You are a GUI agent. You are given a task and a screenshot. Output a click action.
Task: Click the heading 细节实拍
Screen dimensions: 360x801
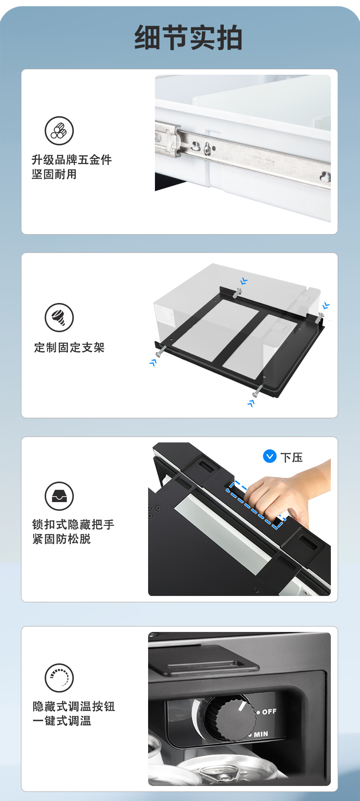[188, 37]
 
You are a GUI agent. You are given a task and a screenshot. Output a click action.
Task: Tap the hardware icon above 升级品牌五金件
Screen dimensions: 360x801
[59, 131]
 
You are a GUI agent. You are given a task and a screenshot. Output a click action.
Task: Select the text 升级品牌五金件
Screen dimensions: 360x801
[72, 160]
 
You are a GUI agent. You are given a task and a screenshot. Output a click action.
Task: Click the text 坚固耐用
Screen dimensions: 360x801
[54, 175]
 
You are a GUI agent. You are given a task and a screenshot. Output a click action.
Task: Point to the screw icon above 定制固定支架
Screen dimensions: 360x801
[59, 318]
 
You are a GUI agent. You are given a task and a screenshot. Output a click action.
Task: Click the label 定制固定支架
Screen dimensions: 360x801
[69, 348]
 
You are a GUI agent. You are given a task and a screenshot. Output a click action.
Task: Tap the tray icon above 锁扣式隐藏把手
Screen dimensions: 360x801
[59, 496]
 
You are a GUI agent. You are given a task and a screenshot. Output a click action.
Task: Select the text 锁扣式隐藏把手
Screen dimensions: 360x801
[73, 524]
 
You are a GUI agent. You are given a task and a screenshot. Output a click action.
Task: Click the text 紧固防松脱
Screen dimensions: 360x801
[62, 539]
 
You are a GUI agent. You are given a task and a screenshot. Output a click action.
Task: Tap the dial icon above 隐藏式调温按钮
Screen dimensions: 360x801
[59, 678]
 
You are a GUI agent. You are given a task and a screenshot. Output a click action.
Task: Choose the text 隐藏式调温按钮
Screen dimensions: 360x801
[74, 706]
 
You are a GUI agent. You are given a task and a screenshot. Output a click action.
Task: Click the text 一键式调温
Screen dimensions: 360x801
[62, 721]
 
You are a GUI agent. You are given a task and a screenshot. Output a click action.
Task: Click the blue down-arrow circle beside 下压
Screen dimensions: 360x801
[270, 456]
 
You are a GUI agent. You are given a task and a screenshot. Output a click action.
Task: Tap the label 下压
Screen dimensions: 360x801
[292, 457]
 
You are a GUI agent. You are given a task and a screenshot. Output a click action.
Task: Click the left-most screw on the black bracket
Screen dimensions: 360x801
[161, 351]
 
